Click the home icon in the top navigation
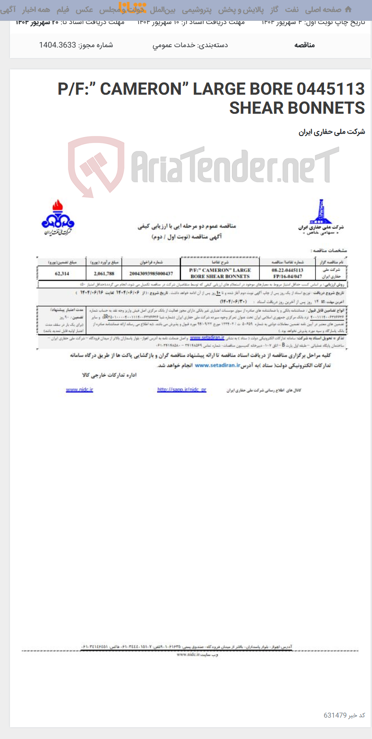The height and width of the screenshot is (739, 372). click(x=348, y=10)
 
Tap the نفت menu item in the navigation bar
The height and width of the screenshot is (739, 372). click(x=291, y=10)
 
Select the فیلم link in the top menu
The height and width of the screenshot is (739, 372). click(x=63, y=10)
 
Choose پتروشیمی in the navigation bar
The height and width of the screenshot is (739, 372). click(x=196, y=10)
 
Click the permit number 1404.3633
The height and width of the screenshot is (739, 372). click(x=58, y=45)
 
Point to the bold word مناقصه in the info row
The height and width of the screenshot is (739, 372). click(x=304, y=45)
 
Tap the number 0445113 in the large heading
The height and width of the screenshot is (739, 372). click(x=331, y=89)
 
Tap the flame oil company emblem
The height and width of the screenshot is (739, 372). click(x=58, y=217)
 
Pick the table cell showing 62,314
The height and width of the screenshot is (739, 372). click(x=62, y=273)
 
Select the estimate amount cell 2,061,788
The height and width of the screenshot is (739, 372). click(x=104, y=273)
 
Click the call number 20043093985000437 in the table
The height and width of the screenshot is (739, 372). click(x=151, y=273)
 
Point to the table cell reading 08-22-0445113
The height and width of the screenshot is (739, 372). click(x=287, y=270)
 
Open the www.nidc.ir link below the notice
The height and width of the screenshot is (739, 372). click(x=79, y=389)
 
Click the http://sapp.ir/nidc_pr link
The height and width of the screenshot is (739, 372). click(x=181, y=389)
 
